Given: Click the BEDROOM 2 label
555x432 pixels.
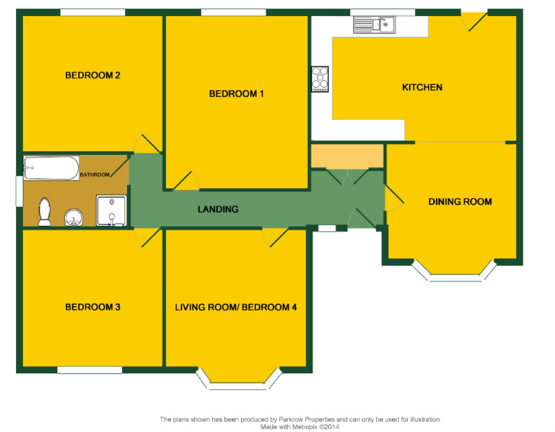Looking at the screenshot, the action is [93, 75].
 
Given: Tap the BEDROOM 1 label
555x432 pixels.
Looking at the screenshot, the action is [236, 94].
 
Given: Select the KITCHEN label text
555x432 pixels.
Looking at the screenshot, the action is [422, 87].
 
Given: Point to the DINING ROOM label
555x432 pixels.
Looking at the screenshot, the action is [460, 202].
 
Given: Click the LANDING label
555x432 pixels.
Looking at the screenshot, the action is [218, 209].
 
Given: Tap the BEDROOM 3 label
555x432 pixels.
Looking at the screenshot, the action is [93, 307].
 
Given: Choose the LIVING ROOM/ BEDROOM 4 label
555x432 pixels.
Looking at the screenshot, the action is [236, 307].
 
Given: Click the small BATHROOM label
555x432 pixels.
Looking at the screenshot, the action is [95, 175].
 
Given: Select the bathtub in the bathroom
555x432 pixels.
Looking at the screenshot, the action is [51, 168].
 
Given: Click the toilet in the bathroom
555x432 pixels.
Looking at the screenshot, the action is [44, 212].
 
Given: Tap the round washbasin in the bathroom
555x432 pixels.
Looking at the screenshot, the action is [74, 218].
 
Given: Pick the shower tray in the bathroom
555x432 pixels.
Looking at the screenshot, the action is [112, 211].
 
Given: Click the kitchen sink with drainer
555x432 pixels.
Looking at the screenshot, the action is [374, 25].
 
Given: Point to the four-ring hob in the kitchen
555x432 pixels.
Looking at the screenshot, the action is [320, 79].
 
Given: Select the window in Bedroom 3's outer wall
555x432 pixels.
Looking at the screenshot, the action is [90, 370].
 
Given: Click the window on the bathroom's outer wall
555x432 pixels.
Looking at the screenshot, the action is [19, 191].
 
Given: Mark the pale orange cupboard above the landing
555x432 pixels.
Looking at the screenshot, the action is [347, 156].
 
